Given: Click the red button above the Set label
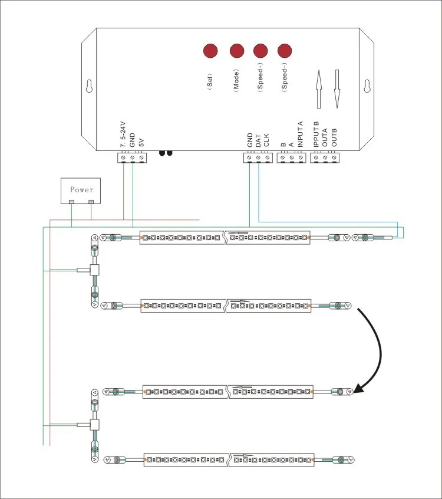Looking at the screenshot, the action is pos(210,51).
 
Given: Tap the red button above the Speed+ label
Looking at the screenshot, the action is pos(260,51).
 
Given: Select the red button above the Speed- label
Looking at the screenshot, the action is pos(285,51).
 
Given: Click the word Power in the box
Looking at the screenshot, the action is pos(82,190).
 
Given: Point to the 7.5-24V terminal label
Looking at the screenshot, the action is pos(123,134).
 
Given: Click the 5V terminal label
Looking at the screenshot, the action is pos(141,142).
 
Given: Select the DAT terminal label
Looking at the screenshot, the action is pos(258,140).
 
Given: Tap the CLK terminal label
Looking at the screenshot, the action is pos(266,140).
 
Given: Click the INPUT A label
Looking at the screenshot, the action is pos(300,134).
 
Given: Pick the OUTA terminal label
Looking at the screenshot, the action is pos(325,137).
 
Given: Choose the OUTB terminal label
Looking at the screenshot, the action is pos(334,137).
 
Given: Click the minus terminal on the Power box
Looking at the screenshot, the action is pos(72,202).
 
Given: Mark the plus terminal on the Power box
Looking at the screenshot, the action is pos(91,202).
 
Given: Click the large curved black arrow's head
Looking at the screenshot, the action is pos(359,388).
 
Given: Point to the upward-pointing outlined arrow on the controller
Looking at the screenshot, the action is pos(319,89).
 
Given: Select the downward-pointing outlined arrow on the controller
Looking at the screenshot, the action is pos(337,89).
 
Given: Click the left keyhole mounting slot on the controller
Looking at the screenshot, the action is pos(90,86).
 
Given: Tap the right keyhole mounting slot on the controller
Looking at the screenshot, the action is pos(367,86).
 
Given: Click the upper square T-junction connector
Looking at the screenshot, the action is pos(94,270).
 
